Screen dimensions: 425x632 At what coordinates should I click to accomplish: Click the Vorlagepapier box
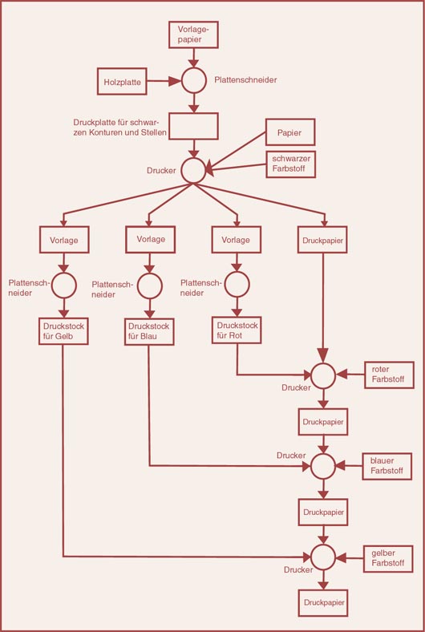pyautogui.click(x=193, y=34)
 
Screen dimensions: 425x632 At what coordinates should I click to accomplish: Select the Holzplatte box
pyautogui.click(x=122, y=82)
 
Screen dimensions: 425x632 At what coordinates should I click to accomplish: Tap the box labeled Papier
pyautogui.click(x=290, y=132)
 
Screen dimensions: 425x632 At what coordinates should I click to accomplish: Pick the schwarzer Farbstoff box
pyautogui.click(x=291, y=164)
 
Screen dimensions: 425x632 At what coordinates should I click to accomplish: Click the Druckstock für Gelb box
pyautogui.click(x=63, y=331)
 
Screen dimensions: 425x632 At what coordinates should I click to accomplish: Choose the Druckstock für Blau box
pyautogui.click(x=149, y=331)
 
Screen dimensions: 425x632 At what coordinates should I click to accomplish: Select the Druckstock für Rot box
pyautogui.click(x=237, y=330)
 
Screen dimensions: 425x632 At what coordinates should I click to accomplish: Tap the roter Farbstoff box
pyautogui.click(x=389, y=375)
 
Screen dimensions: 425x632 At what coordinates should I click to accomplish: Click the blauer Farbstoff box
pyautogui.click(x=387, y=466)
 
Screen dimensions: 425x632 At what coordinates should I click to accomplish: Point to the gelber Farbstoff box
pyautogui.click(x=388, y=559)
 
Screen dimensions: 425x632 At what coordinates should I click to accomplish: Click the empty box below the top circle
pyautogui.click(x=193, y=126)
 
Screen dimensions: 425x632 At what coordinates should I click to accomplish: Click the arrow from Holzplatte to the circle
pyautogui.click(x=164, y=81)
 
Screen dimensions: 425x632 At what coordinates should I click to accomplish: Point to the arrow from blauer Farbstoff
pyautogui.click(x=349, y=466)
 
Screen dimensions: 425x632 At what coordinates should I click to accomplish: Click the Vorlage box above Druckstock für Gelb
pyautogui.click(x=64, y=240)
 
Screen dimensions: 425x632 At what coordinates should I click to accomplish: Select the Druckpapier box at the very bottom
pyautogui.click(x=323, y=602)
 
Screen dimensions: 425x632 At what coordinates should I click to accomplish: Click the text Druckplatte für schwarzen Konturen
pyautogui.click(x=120, y=128)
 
